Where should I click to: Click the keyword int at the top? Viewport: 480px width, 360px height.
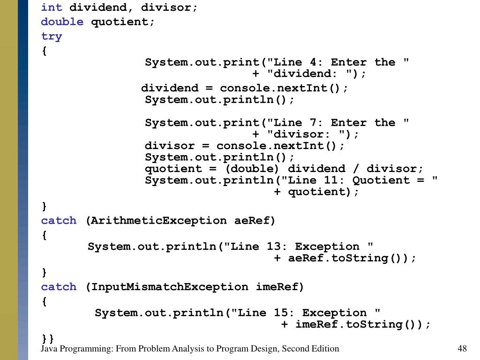[x=51, y=7]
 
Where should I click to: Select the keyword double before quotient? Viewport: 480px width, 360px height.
[x=62, y=22]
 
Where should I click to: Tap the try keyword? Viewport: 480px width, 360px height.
[x=51, y=37]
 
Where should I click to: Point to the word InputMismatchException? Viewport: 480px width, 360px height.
[x=169, y=287]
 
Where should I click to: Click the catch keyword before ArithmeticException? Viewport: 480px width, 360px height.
[x=59, y=220]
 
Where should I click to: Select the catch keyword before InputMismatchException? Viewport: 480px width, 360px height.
[x=59, y=287]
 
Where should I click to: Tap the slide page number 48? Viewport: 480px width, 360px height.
[x=462, y=348]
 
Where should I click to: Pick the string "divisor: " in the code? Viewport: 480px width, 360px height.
[x=304, y=135]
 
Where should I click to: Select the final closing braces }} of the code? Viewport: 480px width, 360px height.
[x=48, y=338]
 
